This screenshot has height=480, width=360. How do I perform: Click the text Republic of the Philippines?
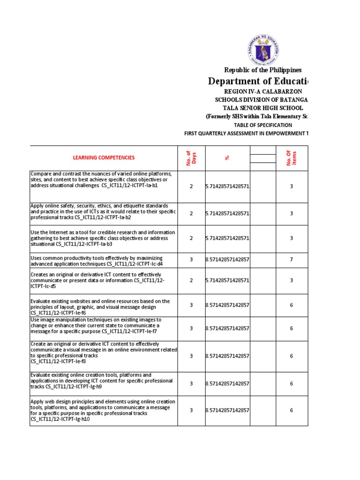click(x=262, y=70)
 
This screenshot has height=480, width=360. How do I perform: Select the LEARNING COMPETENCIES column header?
click(x=103, y=158)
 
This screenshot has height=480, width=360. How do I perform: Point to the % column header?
click(x=227, y=158)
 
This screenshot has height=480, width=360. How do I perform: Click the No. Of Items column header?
click(x=291, y=158)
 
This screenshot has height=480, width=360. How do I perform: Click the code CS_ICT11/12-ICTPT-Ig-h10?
click(x=60, y=419)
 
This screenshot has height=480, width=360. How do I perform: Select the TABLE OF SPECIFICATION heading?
click(x=262, y=125)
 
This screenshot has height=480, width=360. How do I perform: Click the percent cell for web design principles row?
click(x=227, y=410)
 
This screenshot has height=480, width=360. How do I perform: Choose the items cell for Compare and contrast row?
click(x=291, y=186)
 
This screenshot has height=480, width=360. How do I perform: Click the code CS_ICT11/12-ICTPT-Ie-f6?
click(x=58, y=312)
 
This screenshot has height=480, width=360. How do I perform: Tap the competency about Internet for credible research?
click(x=103, y=238)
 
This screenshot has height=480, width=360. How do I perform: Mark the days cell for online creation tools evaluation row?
click(x=191, y=383)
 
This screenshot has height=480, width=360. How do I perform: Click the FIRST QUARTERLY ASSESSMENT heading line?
click(x=246, y=133)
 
